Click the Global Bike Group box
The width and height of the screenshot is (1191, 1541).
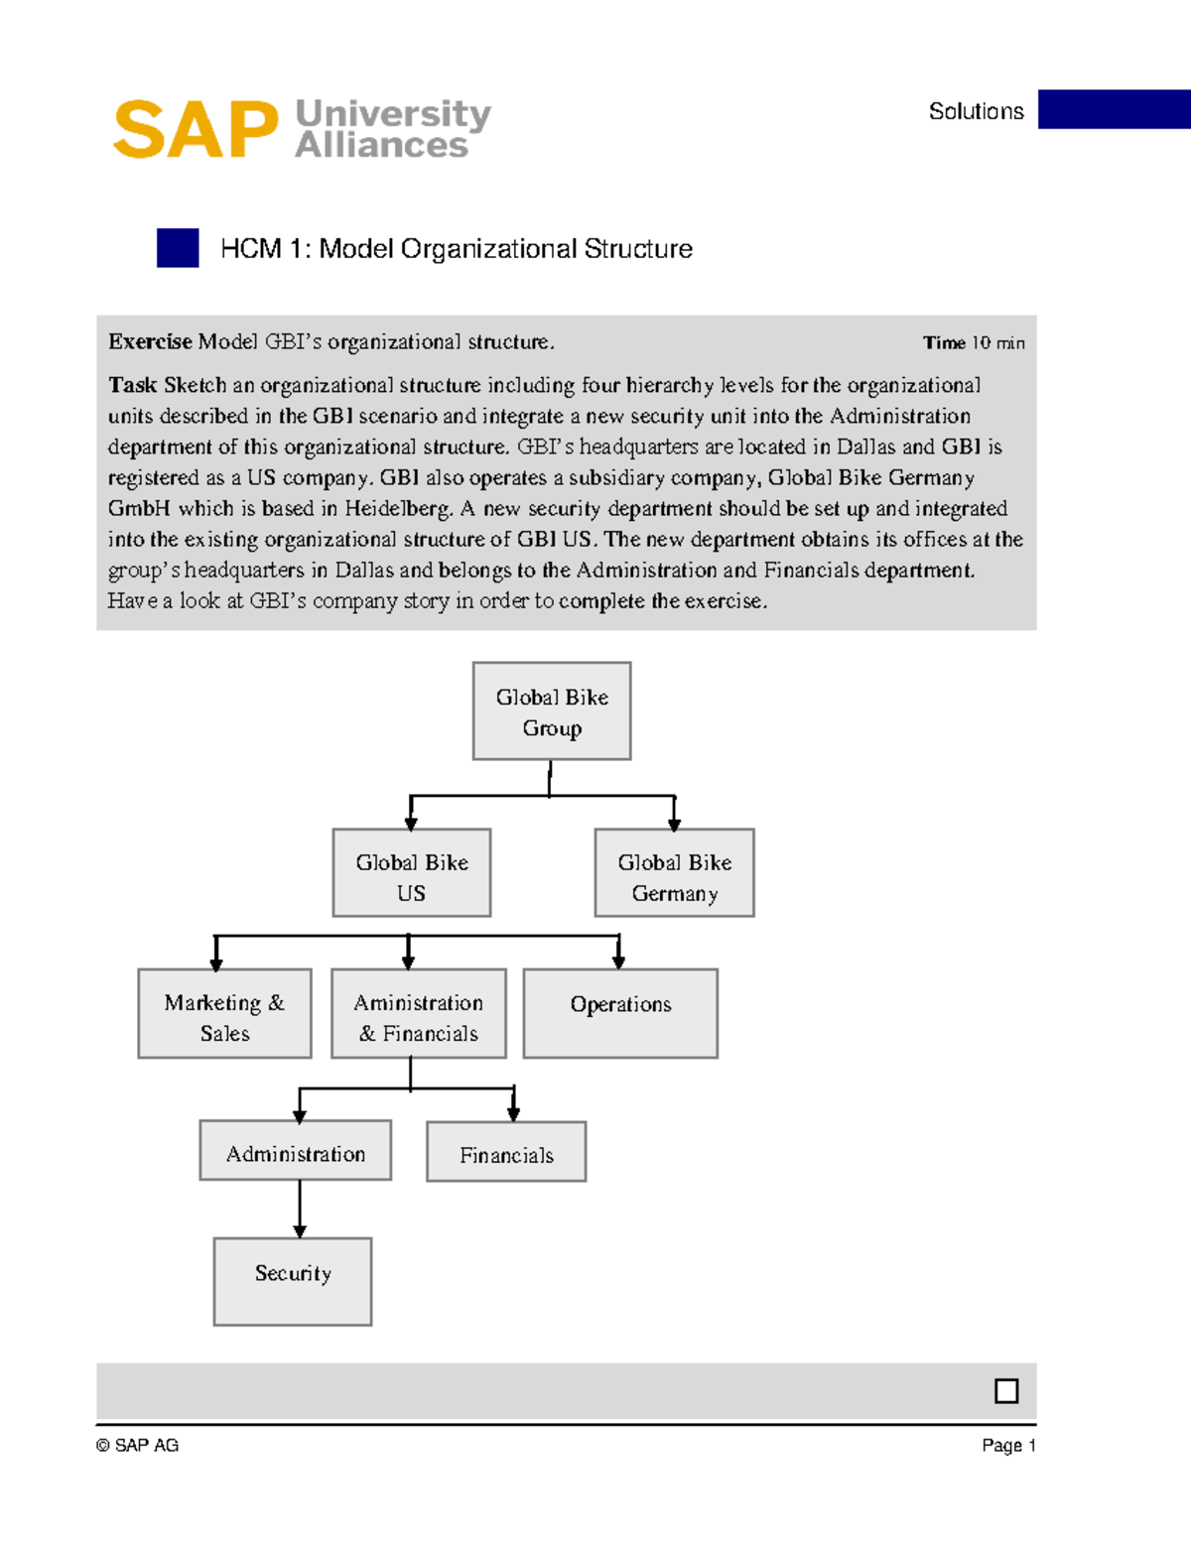coord(552,711)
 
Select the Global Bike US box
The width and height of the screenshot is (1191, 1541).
coord(412,873)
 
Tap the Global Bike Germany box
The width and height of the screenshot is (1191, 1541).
coord(675,873)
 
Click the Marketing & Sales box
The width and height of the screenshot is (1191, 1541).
coord(224,1014)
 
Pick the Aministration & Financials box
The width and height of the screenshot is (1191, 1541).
coord(419,1014)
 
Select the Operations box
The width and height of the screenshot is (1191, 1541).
coord(620,1014)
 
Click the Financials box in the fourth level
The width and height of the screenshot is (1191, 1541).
coord(506,1152)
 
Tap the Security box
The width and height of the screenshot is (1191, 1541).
coord(293,1282)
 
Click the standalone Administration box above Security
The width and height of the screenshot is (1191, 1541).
coord(296,1151)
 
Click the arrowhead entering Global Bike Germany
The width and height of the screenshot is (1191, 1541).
coord(675,824)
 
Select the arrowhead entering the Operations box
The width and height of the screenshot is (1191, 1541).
coord(618,963)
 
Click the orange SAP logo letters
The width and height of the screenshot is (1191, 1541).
coord(196,130)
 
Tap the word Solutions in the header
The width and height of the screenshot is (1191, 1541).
coord(976,111)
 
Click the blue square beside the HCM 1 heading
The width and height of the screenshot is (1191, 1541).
coord(178,248)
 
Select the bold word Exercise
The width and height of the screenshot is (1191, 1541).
coord(150,342)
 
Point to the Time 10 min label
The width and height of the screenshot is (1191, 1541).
coord(973,343)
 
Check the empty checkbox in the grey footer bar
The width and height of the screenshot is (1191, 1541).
coord(1006,1391)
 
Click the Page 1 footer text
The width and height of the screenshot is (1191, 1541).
coord(1008,1446)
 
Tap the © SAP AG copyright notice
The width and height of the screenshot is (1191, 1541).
coord(138,1446)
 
